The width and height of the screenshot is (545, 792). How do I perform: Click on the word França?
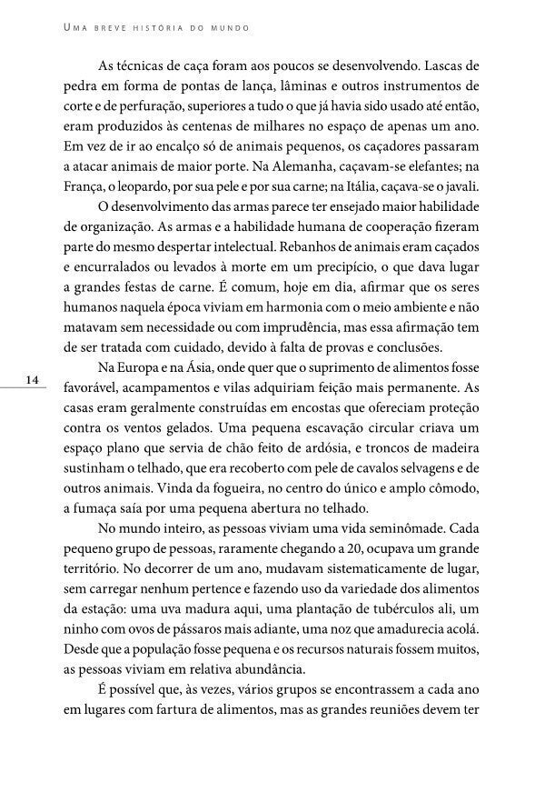coord(85,186)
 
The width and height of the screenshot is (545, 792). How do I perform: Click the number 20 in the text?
coord(346,548)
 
